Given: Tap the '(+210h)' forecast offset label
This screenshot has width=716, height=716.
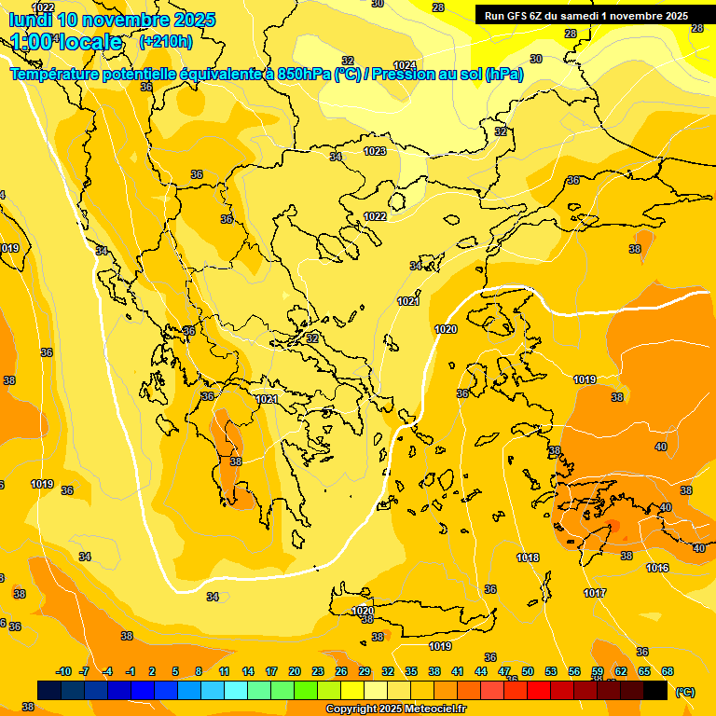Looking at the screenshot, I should point(166,41).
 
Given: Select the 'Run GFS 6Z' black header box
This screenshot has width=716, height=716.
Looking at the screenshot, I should point(586,15).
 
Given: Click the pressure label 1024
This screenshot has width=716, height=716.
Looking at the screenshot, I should point(405,65).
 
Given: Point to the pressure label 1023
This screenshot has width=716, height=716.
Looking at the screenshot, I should point(375,151).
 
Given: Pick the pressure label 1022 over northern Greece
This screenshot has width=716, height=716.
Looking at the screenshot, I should point(375,216).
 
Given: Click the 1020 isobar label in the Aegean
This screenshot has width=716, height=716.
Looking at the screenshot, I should point(446,329).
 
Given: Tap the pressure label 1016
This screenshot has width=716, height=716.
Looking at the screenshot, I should point(657,568).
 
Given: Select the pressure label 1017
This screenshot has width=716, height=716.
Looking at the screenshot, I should point(595,593).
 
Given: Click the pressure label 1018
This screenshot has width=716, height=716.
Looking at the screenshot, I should point(528,558).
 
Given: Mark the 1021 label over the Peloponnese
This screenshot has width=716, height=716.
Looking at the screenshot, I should point(267,399).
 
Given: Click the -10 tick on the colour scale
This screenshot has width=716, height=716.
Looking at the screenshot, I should point(63,671).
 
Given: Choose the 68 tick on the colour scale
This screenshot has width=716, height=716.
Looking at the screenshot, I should point(668,671).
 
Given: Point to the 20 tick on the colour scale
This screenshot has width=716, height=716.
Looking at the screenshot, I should point(295,671).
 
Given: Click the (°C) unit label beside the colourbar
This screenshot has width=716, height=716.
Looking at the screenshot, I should point(685,691).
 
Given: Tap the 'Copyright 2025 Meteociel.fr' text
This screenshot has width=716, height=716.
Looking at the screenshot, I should point(395,709).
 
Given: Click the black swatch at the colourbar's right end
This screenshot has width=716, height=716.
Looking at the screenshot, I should point(655,690).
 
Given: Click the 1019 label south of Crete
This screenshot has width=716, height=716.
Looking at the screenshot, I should point(440,646).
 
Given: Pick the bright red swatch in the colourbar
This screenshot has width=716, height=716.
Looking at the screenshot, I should point(539,690).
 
